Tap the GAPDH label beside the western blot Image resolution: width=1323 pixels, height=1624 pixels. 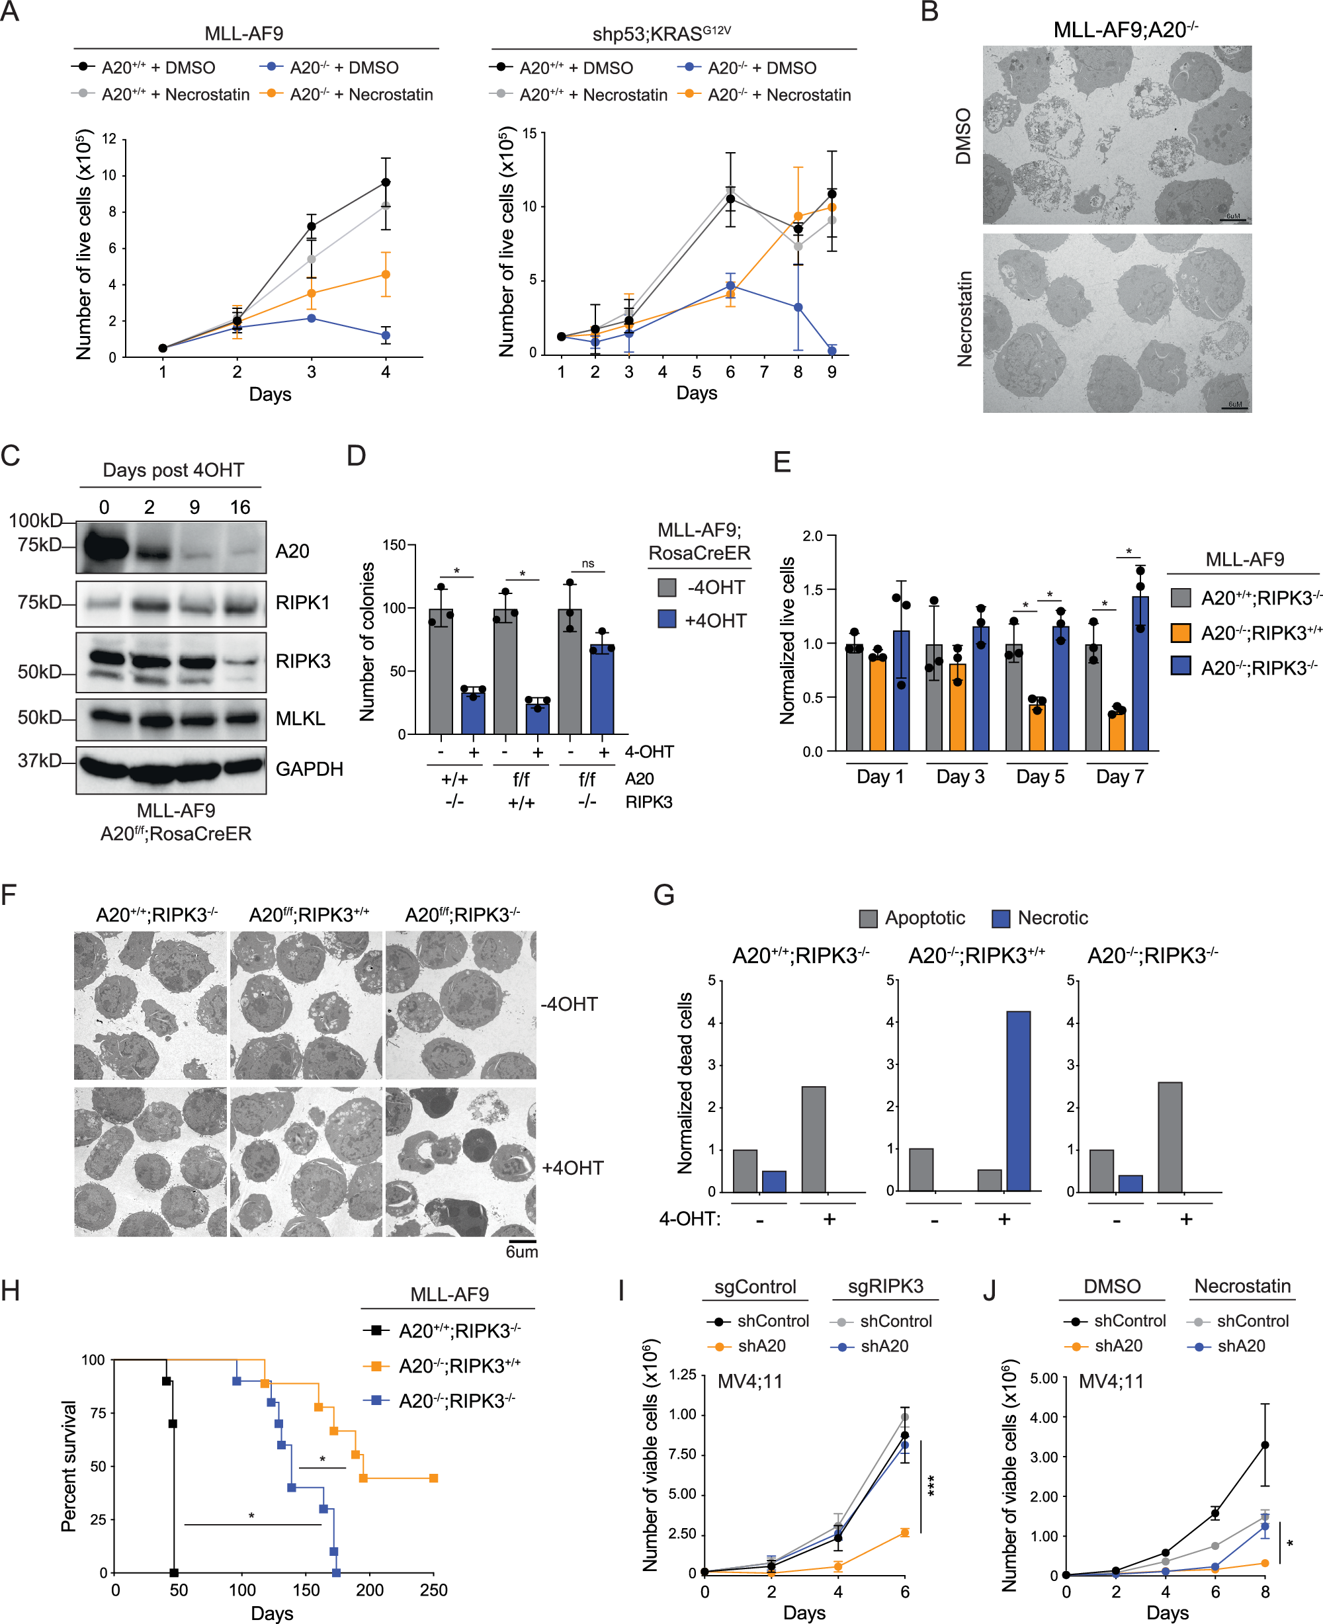(x=309, y=769)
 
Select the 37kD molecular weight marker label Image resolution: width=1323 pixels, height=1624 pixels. (x=39, y=760)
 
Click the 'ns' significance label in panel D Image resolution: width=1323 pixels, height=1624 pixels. (x=587, y=563)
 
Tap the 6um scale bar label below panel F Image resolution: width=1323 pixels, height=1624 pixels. (x=522, y=1252)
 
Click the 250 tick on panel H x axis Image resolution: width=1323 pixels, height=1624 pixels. (x=433, y=1590)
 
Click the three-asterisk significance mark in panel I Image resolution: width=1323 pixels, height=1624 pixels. (x=932, y=1485)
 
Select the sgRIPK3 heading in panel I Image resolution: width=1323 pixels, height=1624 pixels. (x=886, y=1287)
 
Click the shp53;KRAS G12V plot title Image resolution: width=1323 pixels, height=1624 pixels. (x=661, y=34)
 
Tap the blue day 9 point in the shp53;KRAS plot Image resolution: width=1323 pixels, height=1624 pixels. (x=832, y=351)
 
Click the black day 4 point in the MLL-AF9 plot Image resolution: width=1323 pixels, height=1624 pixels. (x=386, y=182)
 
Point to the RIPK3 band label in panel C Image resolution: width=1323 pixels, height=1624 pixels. (x=302, y=661)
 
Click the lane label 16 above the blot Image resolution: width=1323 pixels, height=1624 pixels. (x=240, y=507)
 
